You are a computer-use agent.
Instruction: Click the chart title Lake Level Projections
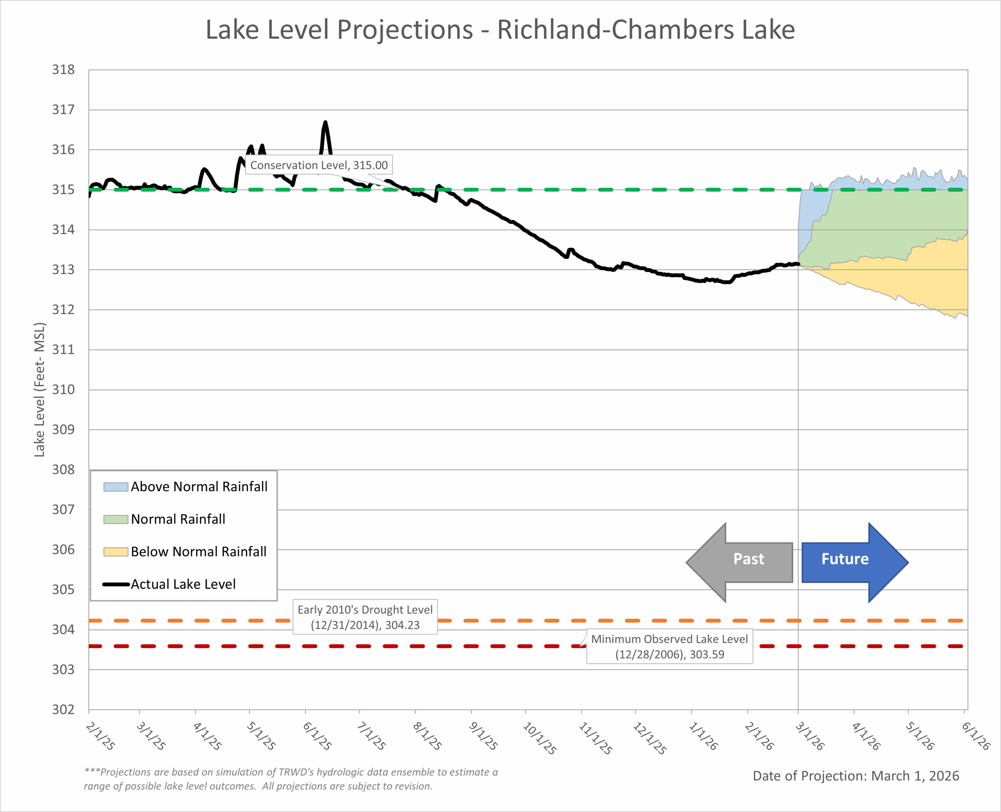(x=500, y=30)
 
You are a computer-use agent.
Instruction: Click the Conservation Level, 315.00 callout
(x=319, y=165)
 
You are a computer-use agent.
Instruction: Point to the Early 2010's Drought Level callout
(x=365, y=617)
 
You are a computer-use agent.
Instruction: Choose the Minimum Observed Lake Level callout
(x=669, y=646)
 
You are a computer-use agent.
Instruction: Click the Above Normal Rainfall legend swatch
(x=115, y=487)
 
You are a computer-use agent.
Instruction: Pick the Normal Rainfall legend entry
(x=178, y=519)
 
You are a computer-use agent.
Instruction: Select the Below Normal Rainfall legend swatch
(x=115, y=552)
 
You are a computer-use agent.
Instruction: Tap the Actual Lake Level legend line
(x=116, y=584)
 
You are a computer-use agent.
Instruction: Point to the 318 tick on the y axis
(x=63, y=70)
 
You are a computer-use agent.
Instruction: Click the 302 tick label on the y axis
(x=63, y=710)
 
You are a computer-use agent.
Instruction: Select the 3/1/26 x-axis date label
(x=810, y=736)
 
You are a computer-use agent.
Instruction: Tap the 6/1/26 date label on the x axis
(x=976, y=736)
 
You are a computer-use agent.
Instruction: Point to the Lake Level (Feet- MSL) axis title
(x=40, y=390)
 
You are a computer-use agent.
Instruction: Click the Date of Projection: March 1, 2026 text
(x=856, y=776)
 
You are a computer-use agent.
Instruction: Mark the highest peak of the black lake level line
(x=325, y=122)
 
